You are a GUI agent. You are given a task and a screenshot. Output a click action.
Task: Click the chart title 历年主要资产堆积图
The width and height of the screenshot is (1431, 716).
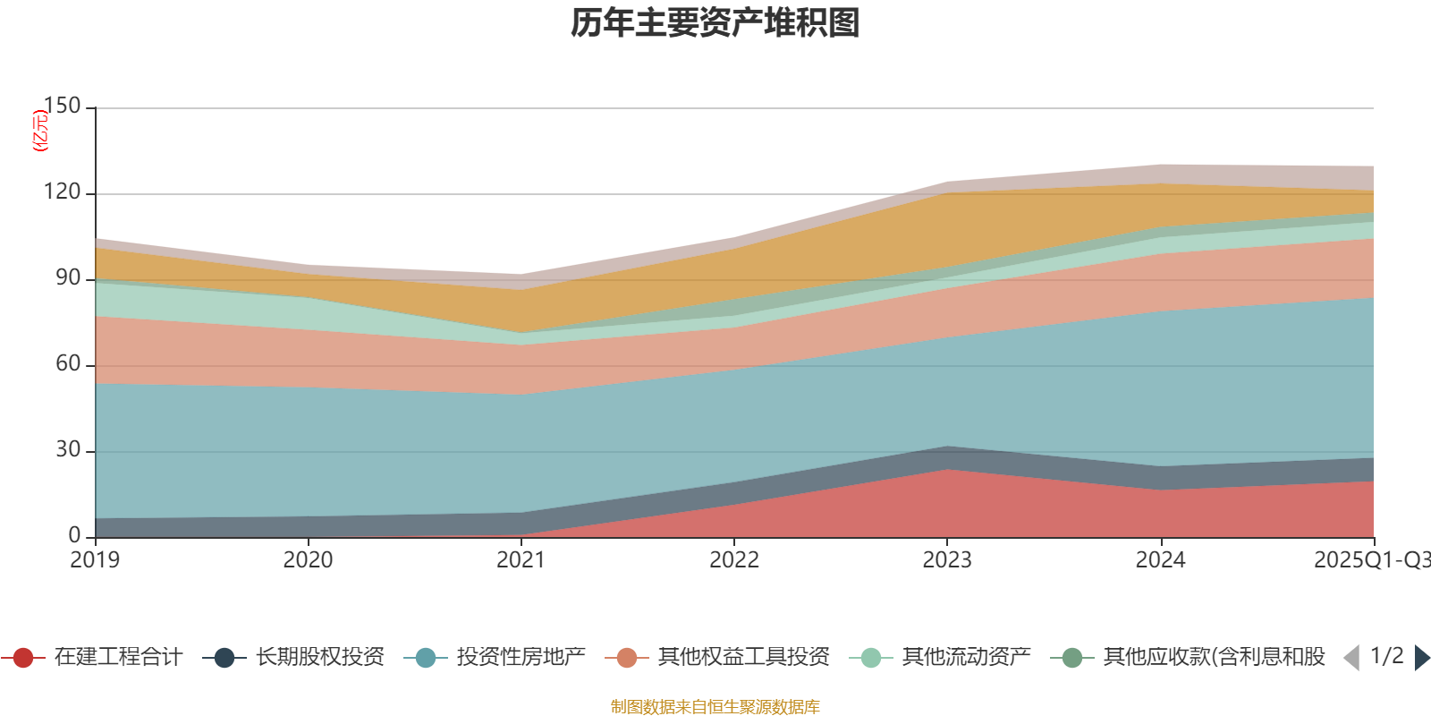[x=715, y=23]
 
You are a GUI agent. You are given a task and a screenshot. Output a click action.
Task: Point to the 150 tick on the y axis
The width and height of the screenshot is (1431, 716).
[x=62, y=107]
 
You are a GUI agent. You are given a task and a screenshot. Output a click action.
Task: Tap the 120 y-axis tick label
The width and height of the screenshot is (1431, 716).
[x=62, y=192]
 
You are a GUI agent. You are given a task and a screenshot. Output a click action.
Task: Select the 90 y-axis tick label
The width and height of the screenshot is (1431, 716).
[x=68, y=278]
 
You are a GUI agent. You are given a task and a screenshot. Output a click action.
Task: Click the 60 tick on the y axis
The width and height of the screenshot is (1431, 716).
[x=68, y=364]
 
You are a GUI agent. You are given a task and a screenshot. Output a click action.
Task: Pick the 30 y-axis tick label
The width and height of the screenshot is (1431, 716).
[x=68, y=450]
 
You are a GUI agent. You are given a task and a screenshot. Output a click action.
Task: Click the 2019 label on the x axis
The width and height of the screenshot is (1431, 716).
[x=96, y=560]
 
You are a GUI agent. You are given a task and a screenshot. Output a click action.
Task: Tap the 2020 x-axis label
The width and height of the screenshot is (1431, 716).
[x=309, y=560]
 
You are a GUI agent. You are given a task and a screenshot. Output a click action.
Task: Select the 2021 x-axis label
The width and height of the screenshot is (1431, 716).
[x=521, y=560]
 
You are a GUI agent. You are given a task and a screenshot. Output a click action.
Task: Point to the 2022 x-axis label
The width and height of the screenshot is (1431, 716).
[x=734, y=560]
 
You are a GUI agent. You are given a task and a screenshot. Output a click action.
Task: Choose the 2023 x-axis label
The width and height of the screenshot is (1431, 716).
[x=947, y=560]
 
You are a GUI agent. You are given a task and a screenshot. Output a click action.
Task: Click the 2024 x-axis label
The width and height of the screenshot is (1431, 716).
[x=1160, y=560]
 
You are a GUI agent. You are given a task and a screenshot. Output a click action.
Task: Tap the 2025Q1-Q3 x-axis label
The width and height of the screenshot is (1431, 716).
[x=1371, y=560]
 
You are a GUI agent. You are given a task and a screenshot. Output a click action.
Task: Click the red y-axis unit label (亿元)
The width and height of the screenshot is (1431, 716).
[x=40, y=131]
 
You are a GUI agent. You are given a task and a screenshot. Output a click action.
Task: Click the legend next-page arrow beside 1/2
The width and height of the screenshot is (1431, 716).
[x=1421, y=658]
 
